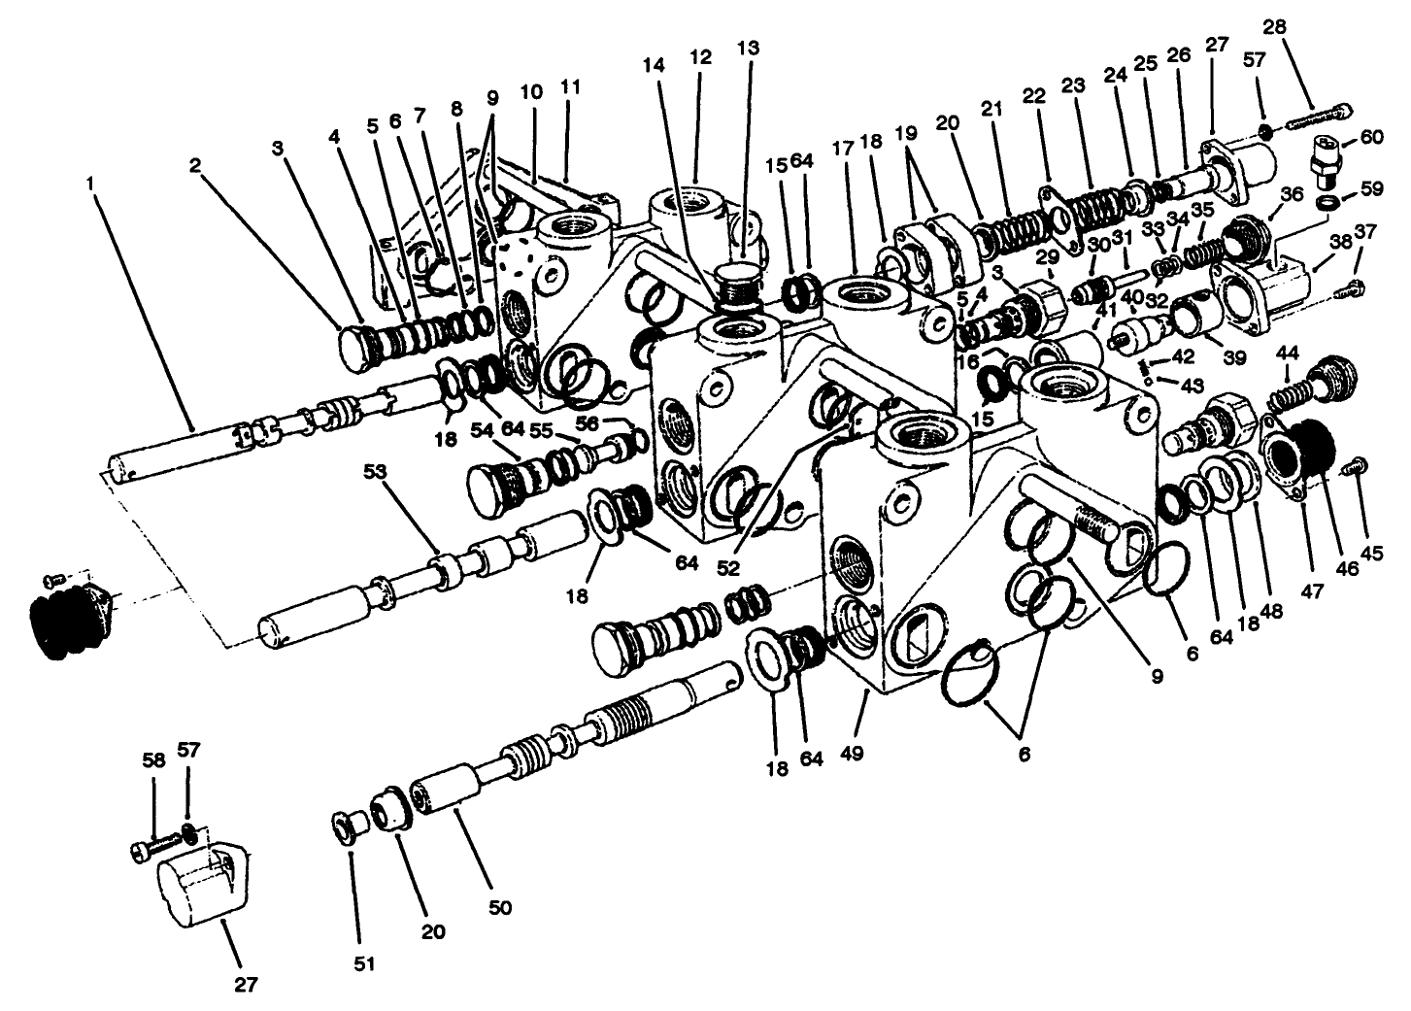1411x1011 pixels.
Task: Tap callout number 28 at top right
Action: click(1274, 26)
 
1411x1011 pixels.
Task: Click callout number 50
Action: click(499, 908)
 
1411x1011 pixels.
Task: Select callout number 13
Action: click(748, 47)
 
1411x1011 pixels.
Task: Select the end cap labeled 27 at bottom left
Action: click(199, 883)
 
